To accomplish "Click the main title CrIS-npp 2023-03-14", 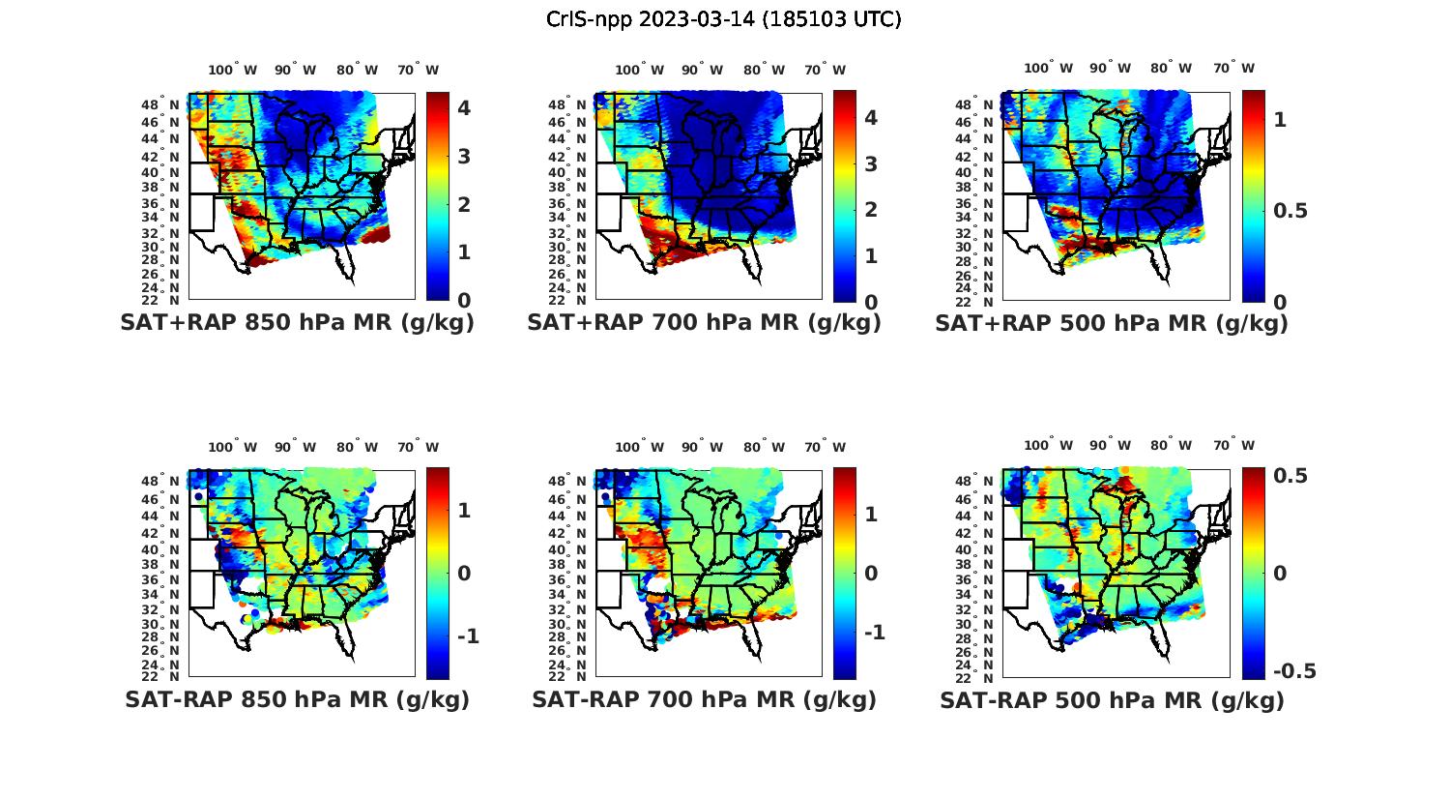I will click(x=723, y=19).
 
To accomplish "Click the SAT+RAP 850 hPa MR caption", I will click(x=297, y=323).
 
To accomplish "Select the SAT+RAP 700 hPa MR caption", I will click(x=704, y=323).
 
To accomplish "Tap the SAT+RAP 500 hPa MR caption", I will click(x=1112, y=323).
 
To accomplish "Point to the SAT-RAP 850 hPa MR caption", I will click(x=297, y=699).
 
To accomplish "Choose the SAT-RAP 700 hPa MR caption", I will click(x=704, y=699).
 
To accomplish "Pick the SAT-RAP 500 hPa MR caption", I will click(x=1112, y=699).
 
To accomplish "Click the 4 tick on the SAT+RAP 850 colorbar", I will click(x=464, y=107).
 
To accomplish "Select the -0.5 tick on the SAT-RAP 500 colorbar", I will click(x=1295, y=671).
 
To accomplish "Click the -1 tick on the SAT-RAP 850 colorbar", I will click(x=468, y=635).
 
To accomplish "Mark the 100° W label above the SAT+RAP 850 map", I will click(x=233, y=70).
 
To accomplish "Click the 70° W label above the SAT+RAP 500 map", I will click(x=1233, y=68).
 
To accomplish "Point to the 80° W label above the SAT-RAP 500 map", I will click(x=1171, y=446).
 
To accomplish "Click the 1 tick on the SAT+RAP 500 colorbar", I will click(x=1281, y=119).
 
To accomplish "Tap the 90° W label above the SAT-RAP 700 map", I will click(x=702, y=447).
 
